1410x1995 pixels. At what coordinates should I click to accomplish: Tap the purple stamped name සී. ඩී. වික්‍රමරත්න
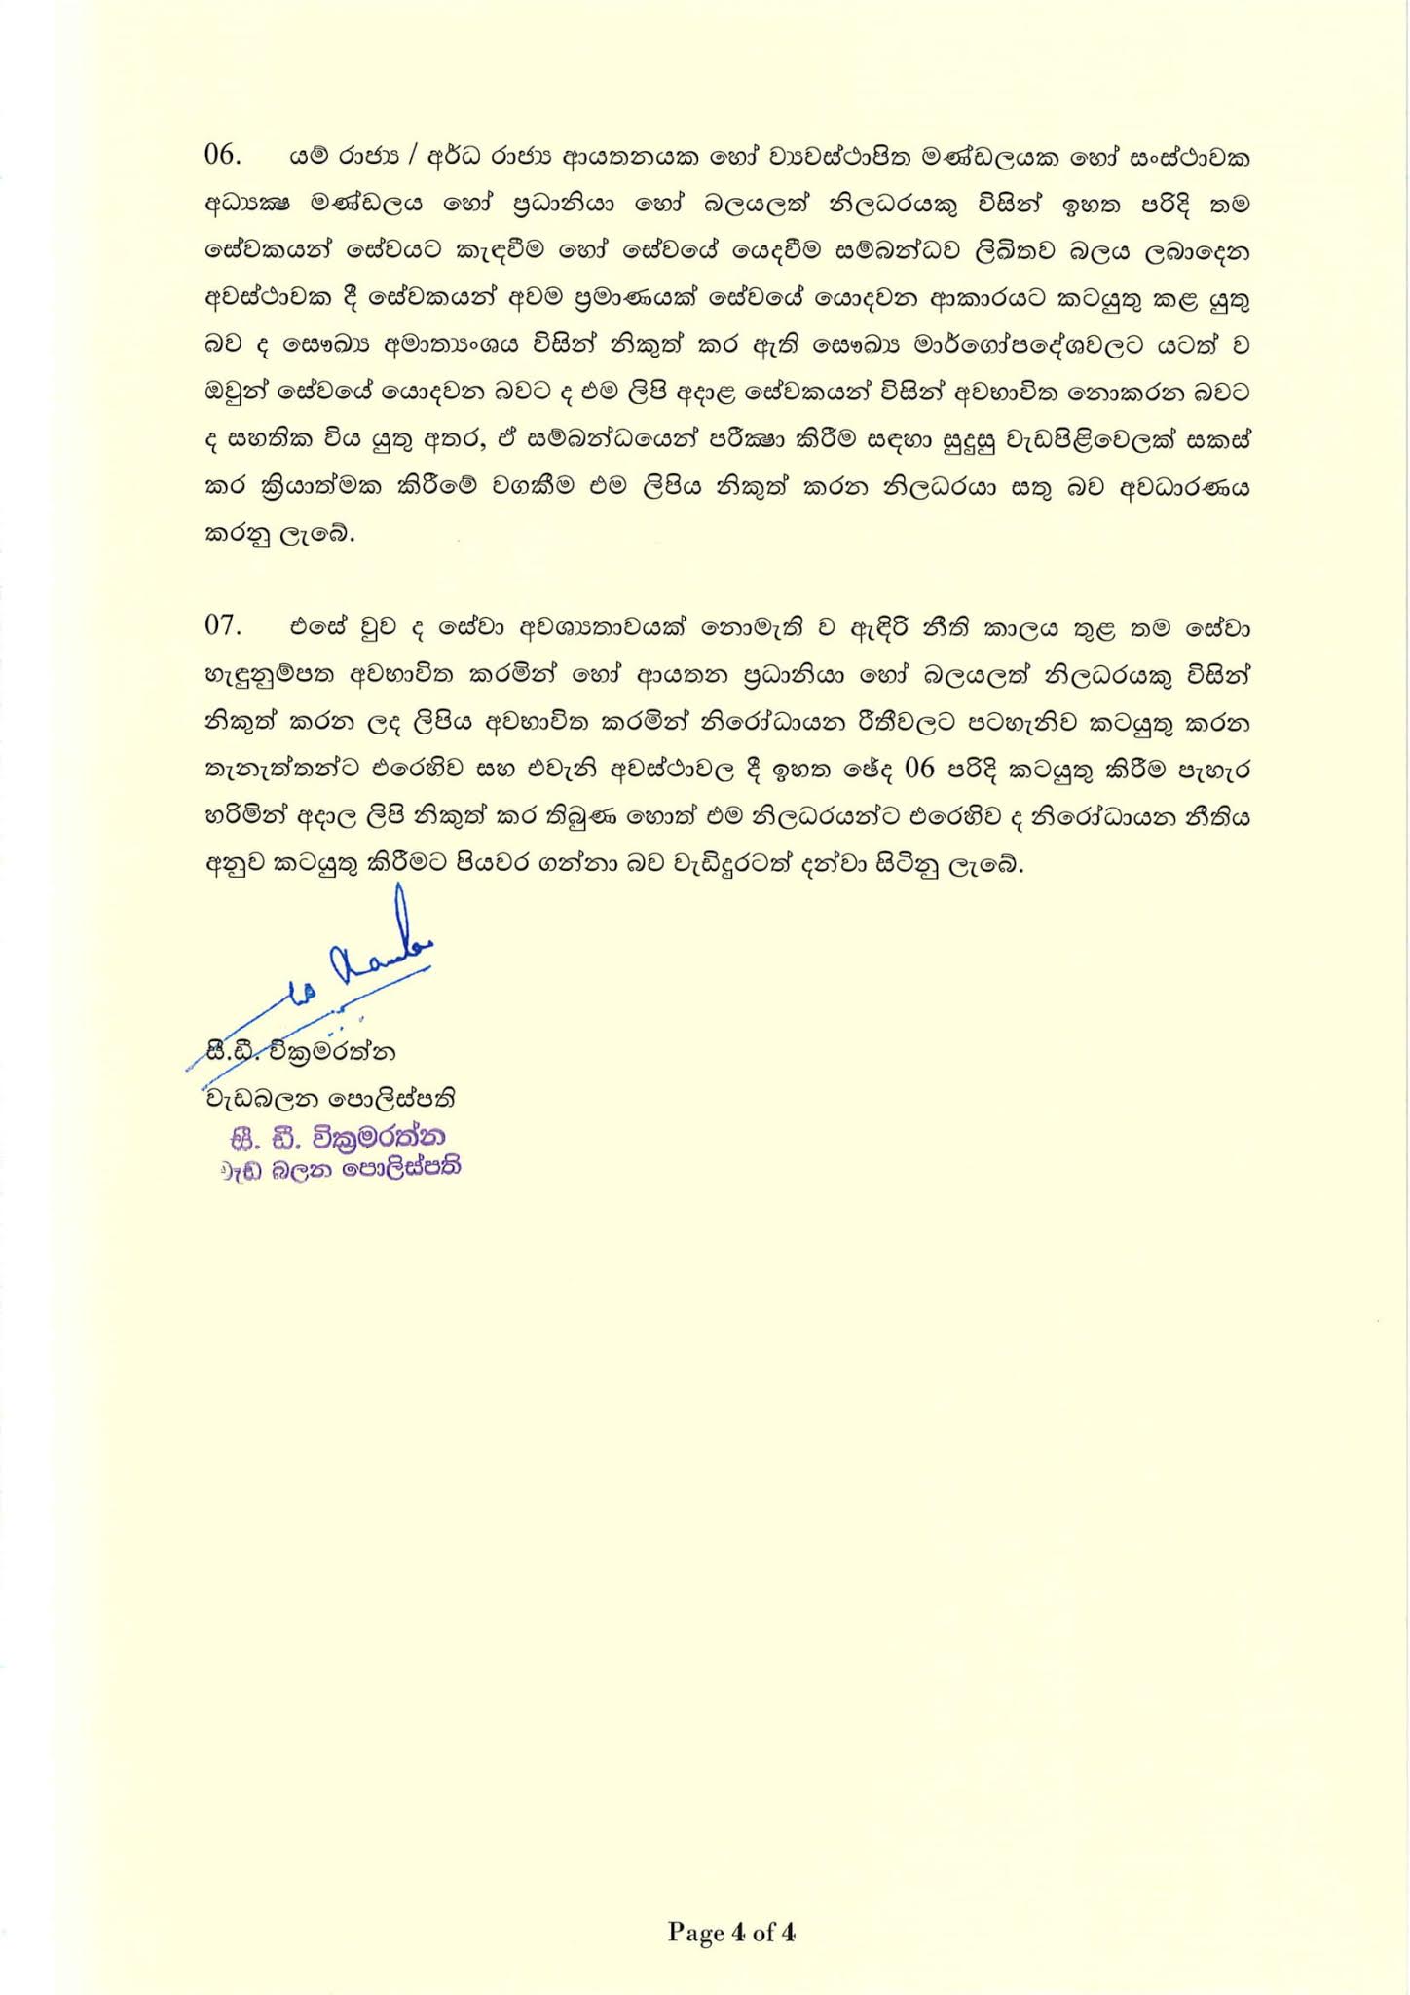(x=337, y=1137)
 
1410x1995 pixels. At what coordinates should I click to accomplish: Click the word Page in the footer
(x=696, y=1932)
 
